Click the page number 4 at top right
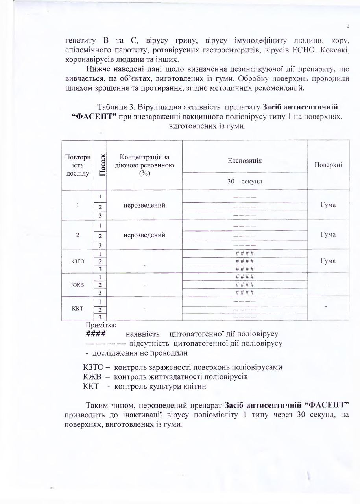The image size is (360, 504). pyautogui.click(x=348, y=26)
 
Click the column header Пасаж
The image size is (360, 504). pyautogui.click(x=101, y=165)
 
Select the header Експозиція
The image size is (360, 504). pyautogui.click(x=245, y=161)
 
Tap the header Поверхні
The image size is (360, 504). pyautogui.click(x=328, y=165)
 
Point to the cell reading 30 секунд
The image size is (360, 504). pyautogui.click(x=245, y=181)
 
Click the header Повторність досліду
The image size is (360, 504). pyautogui.click(x=78, y=165)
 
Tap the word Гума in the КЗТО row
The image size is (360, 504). pyautogui.click(x=328, y=261)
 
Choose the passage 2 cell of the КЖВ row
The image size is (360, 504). pyautogui.click(x=101, y=284)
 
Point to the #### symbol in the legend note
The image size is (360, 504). pyautogui.click(x=95, y=334)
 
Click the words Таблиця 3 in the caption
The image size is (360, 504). pyautogui.click(x=116, y=107)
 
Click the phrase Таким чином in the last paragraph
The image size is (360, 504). pyautogui.click(x=107, y=405)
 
